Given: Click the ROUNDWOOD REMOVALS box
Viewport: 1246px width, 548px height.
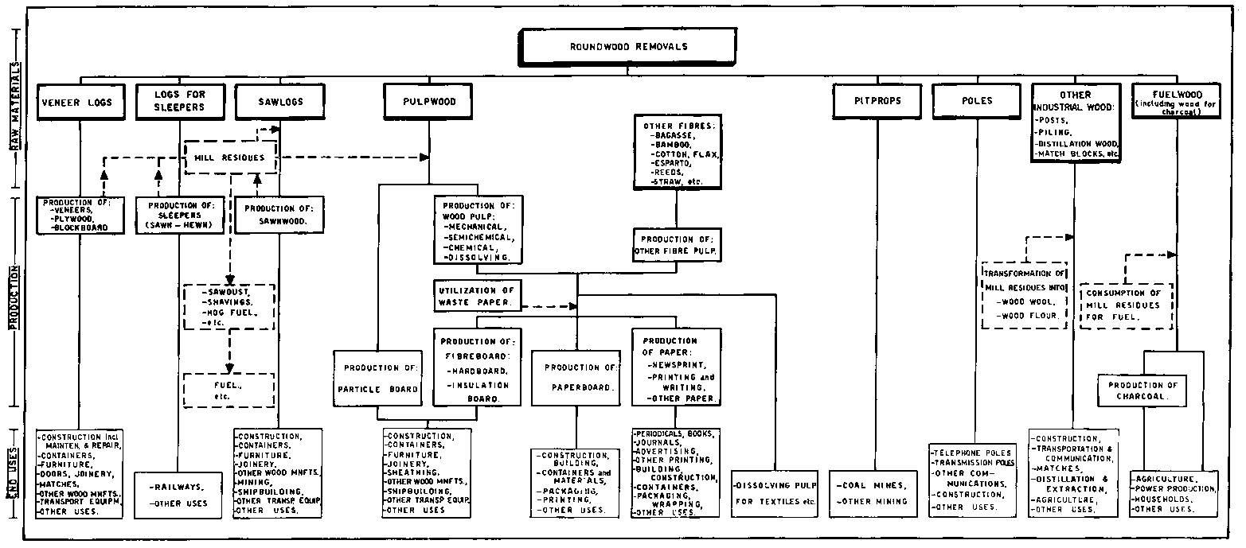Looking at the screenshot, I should click(628, 47).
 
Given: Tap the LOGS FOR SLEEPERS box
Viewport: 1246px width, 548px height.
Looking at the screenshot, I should click(181, 101).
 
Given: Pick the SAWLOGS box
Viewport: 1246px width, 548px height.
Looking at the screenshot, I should click(280, 103).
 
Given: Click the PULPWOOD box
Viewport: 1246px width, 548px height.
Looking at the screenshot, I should click(430, 103).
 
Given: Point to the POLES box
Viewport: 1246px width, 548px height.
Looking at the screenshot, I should click(975, 103).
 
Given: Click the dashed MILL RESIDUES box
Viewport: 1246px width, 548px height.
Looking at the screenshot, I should click(229, 157).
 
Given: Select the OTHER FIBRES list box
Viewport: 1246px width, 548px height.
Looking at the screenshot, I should click(677, 151).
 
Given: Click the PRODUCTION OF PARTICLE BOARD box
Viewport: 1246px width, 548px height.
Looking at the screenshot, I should click(377, 379).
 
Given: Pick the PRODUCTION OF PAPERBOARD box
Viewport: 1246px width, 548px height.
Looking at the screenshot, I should click(580, 379).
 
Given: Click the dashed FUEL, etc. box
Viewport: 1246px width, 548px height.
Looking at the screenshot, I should click(228, 390).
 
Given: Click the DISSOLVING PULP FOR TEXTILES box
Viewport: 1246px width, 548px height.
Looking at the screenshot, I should click(773, 493).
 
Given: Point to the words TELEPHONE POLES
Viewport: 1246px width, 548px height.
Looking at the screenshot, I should click(971, 453).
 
